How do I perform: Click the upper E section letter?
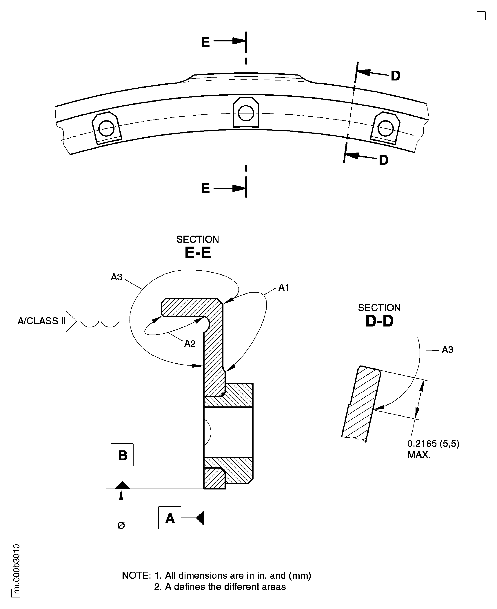click(x=205, y=42)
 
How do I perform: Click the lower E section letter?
click(x=205, y=188)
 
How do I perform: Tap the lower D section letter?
click(x=383, y=160)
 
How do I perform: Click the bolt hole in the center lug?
click(x=246, y=113)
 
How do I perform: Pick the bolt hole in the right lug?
click(x=385, y=129)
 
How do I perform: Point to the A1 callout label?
click(x=284, y=288)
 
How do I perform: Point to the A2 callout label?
click(x=190, y=344)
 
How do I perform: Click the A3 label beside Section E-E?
click(x=116, y=277)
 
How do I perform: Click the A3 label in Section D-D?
click(x=447, y=350)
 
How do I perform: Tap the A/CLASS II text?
click(x=42, y=321)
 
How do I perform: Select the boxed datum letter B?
click(x=122, y=455)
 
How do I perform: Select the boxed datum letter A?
click(x=170, y=518)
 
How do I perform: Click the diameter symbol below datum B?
click(x=121, y=525)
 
